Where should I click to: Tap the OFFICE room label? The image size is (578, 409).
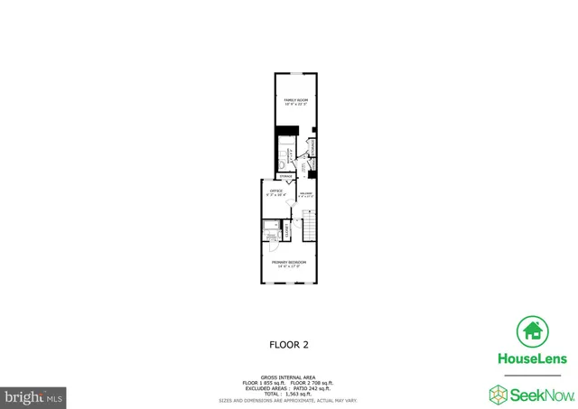click(275, 191)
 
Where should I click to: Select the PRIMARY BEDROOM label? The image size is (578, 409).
click(290, 262)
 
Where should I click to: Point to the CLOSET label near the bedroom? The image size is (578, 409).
click(287, 230)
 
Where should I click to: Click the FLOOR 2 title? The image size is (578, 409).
click(289, 344)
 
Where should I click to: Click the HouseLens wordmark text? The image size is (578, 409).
click(532, 358)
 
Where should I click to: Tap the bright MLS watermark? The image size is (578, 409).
click(33, 395)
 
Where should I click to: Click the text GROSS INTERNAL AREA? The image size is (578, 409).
click(289, 377)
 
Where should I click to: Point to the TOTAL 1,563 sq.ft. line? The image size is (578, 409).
click(289, 394)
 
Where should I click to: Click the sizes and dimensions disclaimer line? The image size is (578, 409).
click(289, 400)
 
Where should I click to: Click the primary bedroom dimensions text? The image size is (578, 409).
click(290, 267)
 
